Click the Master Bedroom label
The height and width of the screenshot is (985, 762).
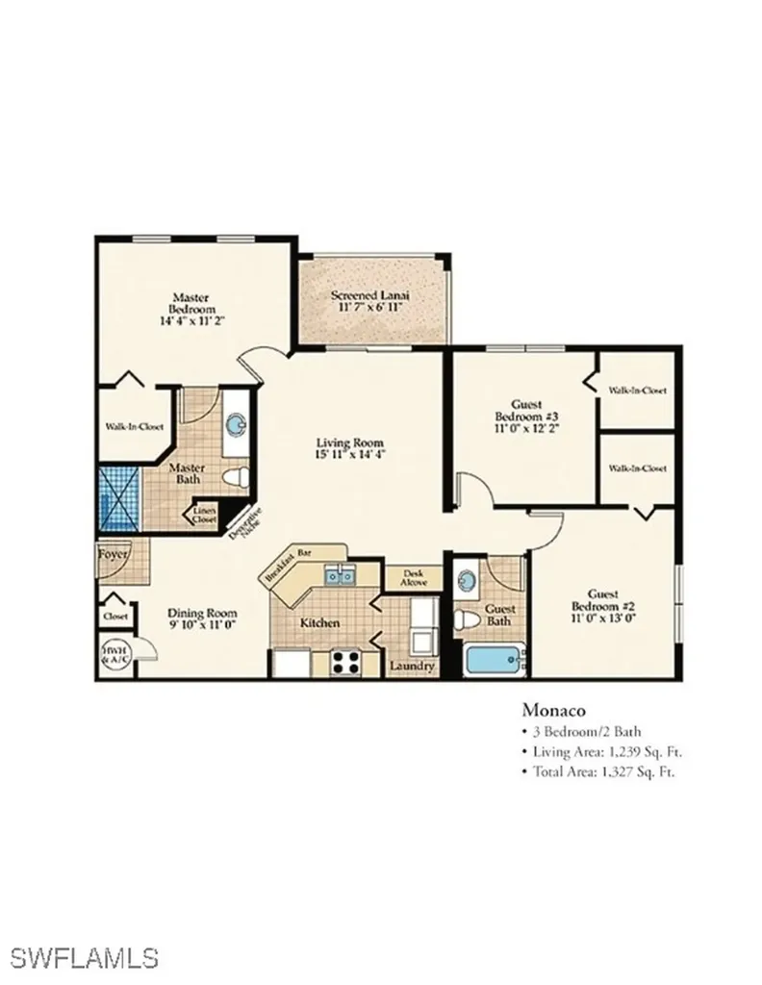[190, 304]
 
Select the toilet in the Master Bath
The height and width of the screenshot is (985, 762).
[234, 475]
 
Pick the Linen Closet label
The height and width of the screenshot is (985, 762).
[205, 516]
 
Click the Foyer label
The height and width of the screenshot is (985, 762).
[113, 554]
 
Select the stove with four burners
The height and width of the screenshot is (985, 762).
[345, 662]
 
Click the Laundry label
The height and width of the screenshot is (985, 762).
[413, 667]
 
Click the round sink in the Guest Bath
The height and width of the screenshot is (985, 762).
[468, 582]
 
